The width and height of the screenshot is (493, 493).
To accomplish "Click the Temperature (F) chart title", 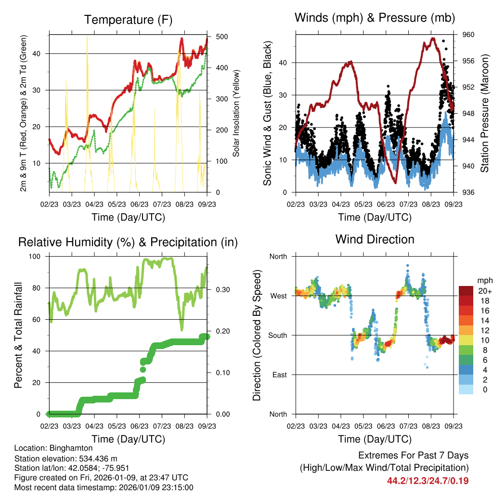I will pyautogui.click(x=128, y=20).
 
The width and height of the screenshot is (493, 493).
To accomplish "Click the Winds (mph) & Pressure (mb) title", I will pyautogui.click(x=375, y=18).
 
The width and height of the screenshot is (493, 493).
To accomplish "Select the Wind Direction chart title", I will pyautogui.click(x=375, y=239).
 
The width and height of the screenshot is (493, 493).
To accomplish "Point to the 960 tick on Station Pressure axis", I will pyautogui.click(x=469, y=35).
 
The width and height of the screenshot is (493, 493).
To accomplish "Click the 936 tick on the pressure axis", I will pyautogui.click(x=469, y=193).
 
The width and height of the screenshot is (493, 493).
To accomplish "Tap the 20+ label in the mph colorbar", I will pyautogui.click(x=485, y=291).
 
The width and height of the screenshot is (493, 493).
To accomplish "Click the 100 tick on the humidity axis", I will pyautogui.click(x=36, y=257).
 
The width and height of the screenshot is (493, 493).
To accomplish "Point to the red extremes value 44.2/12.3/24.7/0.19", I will pyautogui.click(x=428, y=480).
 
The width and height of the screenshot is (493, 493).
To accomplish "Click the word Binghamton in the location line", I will pyautogui.click(x=74, y=448).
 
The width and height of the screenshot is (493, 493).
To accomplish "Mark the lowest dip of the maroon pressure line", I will pyautogui.click(x=395, y=182).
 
